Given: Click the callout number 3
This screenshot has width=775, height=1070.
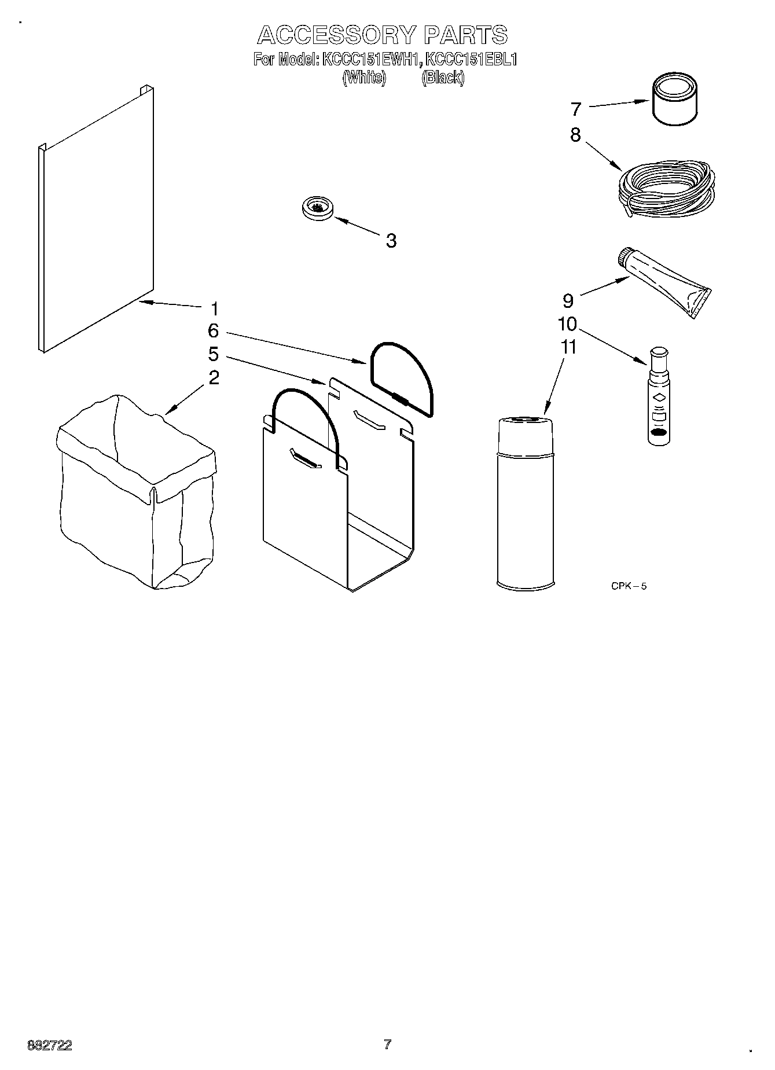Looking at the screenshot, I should (x=391, y=241).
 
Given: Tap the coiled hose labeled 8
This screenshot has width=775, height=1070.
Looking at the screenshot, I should (x=666, y=189).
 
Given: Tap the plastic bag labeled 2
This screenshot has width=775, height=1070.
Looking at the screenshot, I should (x=136, y=492).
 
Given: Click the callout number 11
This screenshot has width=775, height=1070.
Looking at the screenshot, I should (x=569, y=347).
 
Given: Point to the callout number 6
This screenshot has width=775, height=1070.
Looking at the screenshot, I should (x=214, y=331).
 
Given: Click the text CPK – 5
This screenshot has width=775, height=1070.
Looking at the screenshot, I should (x=629, y=586).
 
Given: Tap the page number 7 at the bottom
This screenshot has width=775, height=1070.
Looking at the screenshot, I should (x=387, y=1045).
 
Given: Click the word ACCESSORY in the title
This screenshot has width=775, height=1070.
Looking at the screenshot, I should (x=336, y=35).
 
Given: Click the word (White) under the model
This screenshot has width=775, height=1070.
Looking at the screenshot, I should (x=364, y=78).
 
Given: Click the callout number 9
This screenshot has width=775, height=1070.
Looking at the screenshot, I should (x=568, y=300).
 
